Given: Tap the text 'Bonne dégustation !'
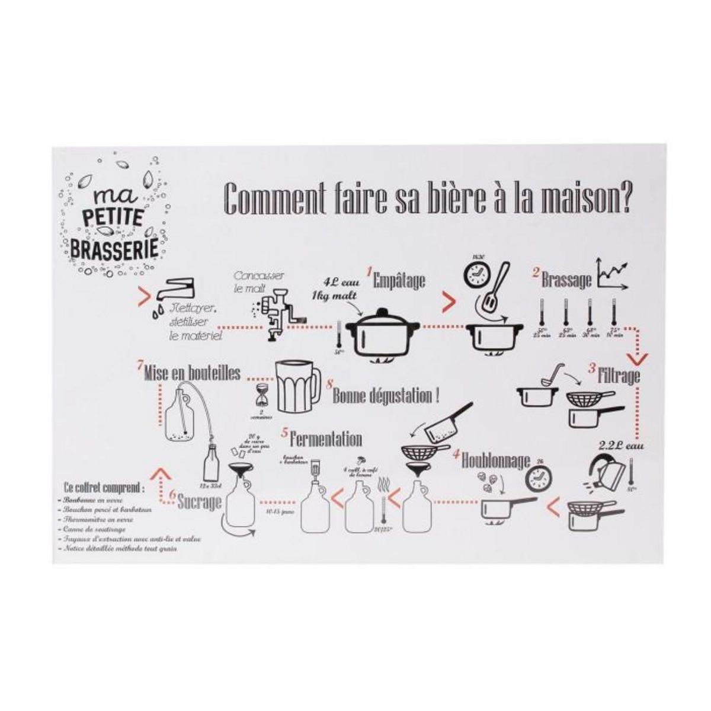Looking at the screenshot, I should (385, 396).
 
